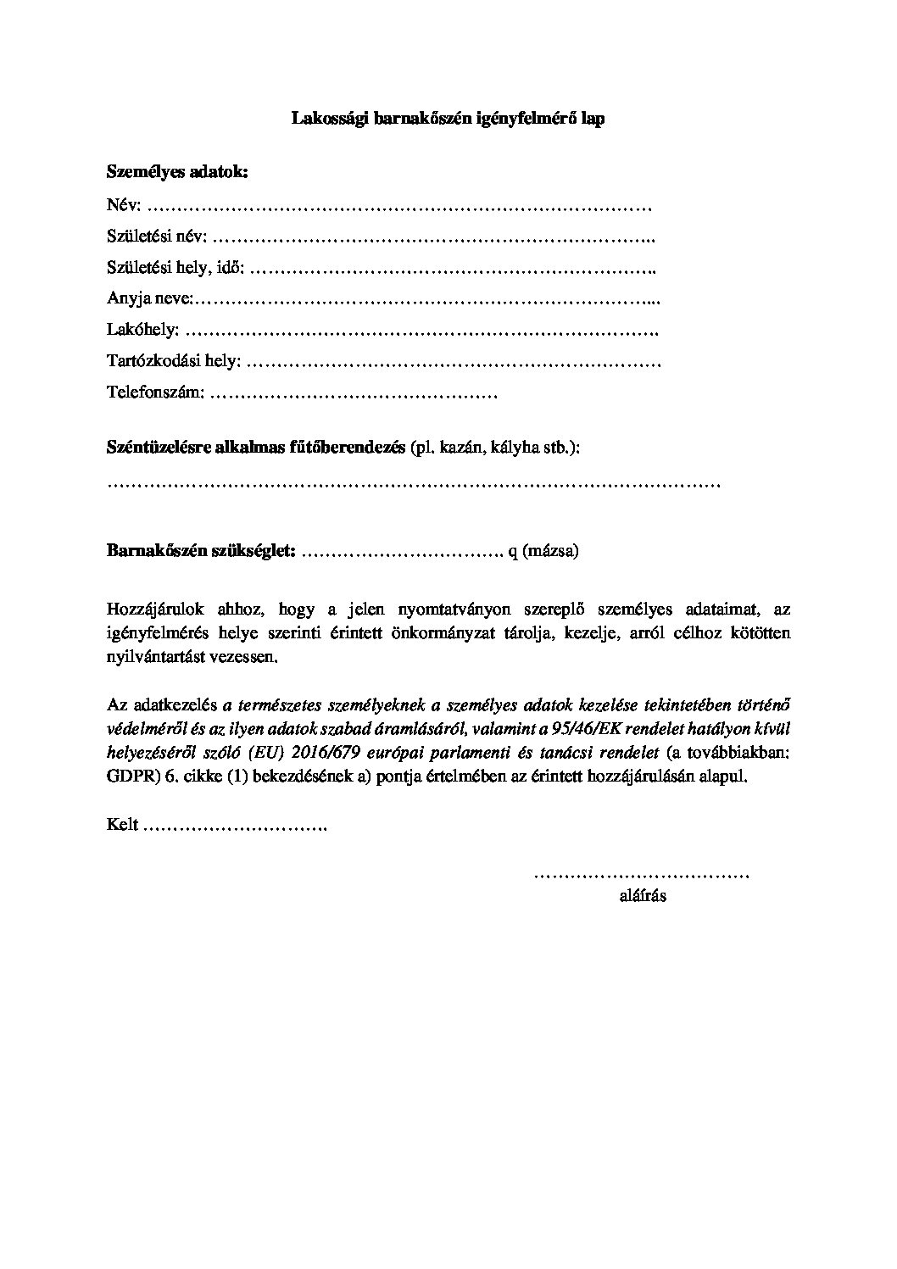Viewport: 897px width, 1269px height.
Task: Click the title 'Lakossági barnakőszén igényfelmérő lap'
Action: [x=448, y=120]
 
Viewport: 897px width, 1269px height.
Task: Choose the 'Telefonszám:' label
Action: [x=155, y=393]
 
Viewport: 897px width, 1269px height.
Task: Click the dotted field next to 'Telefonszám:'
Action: [x=353, y=394]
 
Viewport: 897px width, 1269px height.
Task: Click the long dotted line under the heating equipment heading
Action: [x=414, y=486]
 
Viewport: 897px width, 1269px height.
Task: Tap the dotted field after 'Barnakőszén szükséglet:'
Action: [x=403, y=552]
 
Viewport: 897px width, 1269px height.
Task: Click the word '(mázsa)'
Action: [x=551, y=551]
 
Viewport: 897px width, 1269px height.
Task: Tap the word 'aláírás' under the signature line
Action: [x=643, y=896]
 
